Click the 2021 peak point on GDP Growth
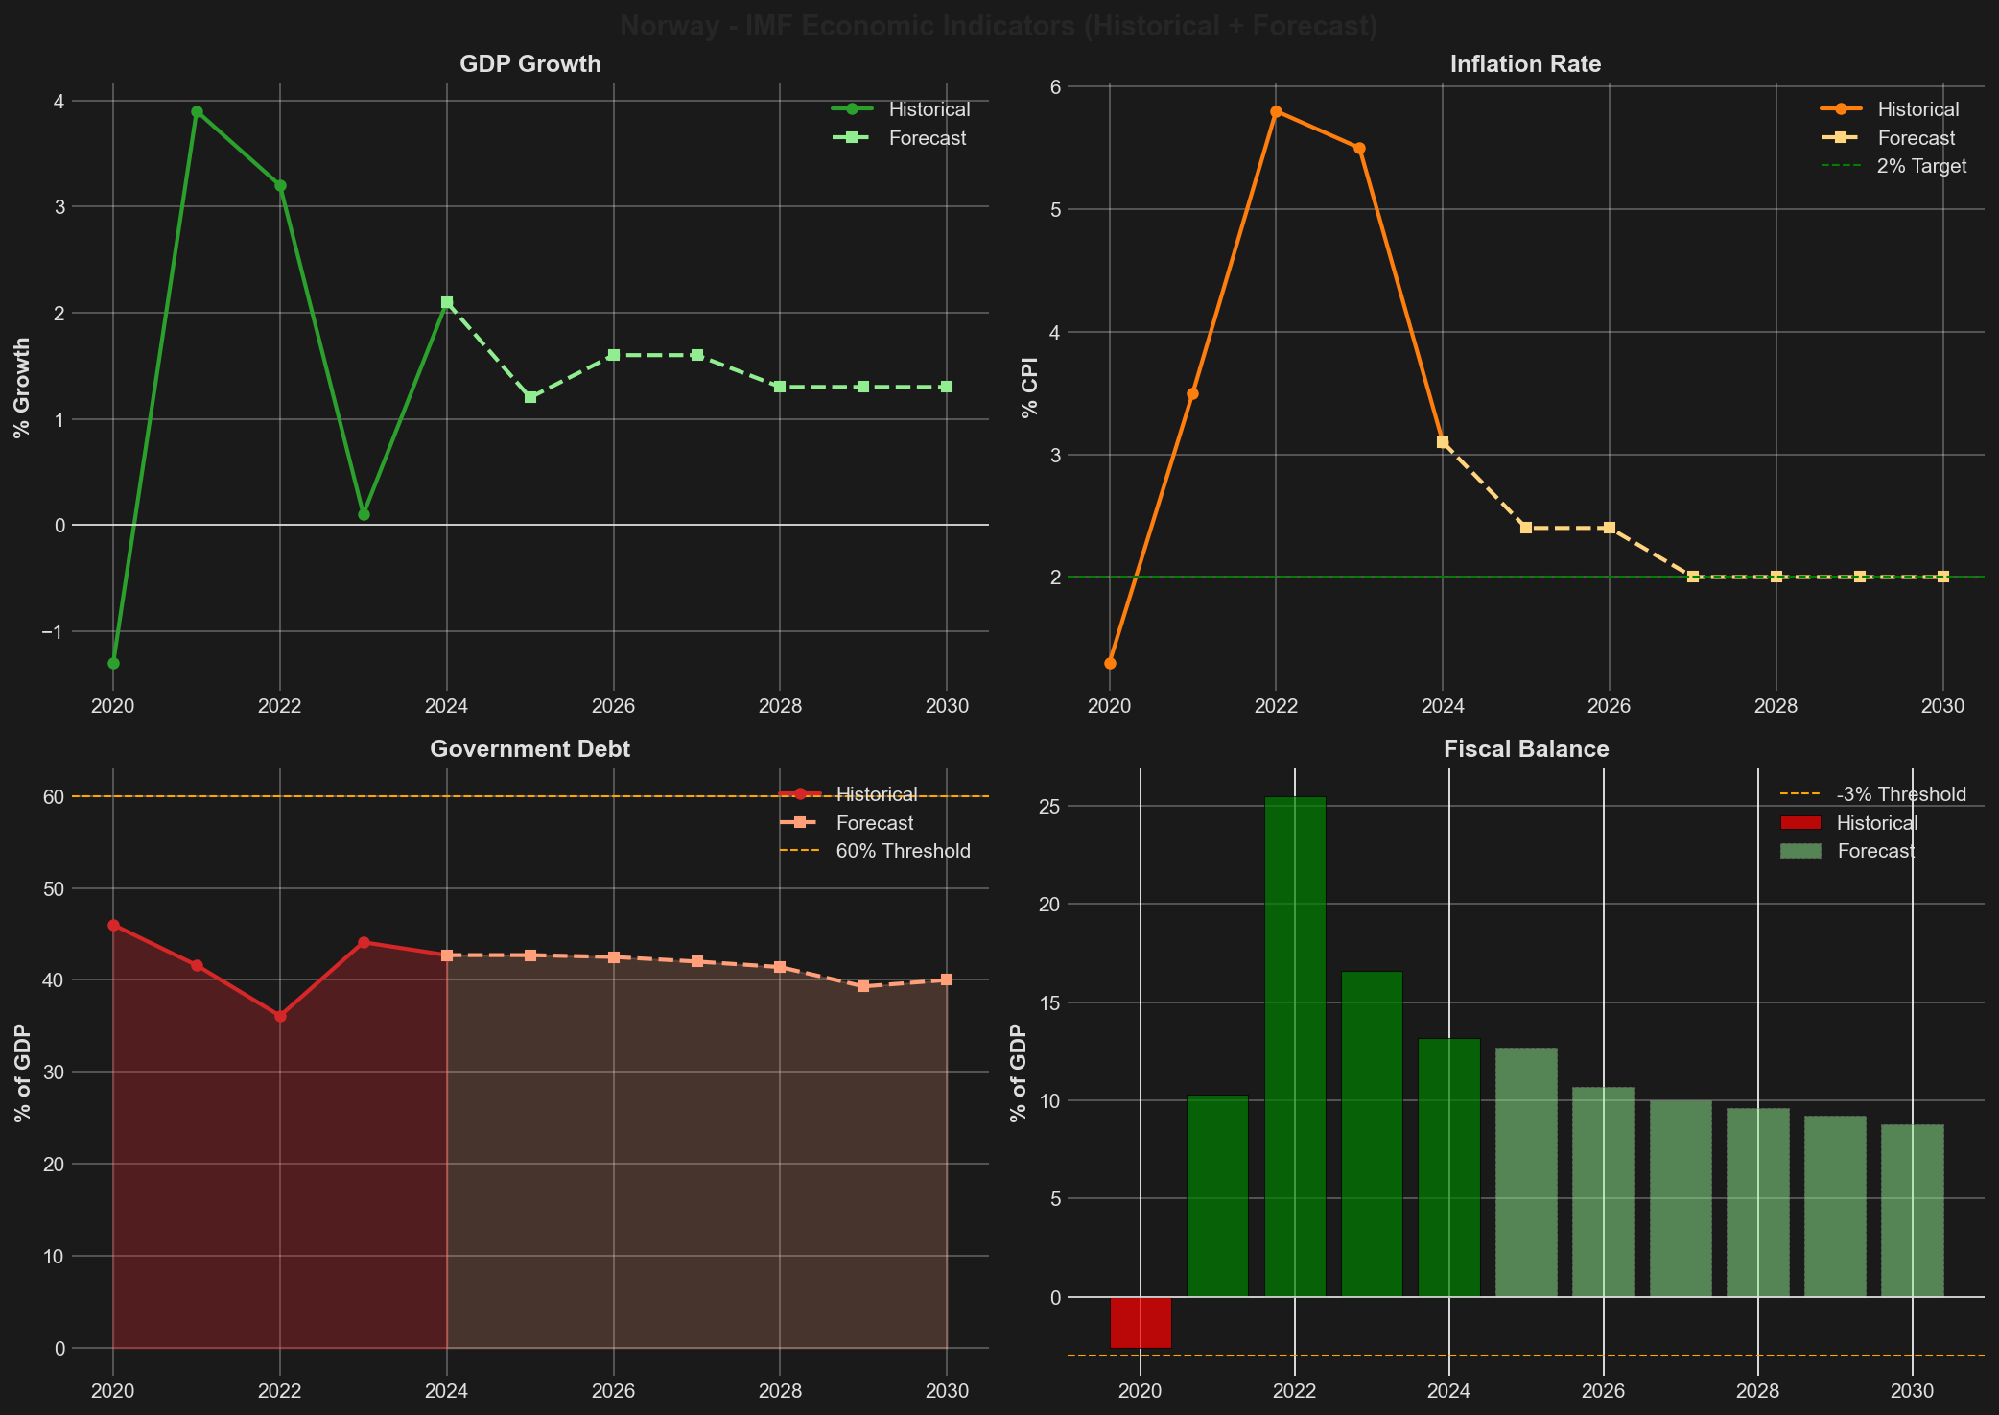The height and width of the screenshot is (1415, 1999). click(197, 111)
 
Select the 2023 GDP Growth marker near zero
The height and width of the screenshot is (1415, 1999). click(364, 515)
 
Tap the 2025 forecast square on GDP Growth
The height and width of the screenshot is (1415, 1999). click(530, 397)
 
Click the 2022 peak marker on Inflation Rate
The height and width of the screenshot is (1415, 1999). click(1276, 111)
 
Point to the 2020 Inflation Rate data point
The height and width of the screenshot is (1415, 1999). click(1110, 663)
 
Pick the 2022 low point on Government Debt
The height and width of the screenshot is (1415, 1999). click(280, 1016)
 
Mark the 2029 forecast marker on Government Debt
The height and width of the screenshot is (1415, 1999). click(863, 986)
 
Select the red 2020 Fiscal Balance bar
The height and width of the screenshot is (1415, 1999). click(1141, 1322)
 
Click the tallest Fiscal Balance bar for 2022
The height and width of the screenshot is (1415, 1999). click(1295, 1046)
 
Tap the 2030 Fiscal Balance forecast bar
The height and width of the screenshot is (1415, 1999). click(1913, 1211)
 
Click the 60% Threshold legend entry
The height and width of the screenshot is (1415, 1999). click(903, 851)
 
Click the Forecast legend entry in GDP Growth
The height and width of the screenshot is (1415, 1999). click(927, 138)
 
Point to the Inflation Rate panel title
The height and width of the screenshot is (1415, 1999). click(1525, 64)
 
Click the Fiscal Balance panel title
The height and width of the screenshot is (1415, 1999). click(1526, 749)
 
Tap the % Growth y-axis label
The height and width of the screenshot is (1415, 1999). click(22, 388)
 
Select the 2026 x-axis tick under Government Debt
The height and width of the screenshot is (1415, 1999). click(614, 1391)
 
